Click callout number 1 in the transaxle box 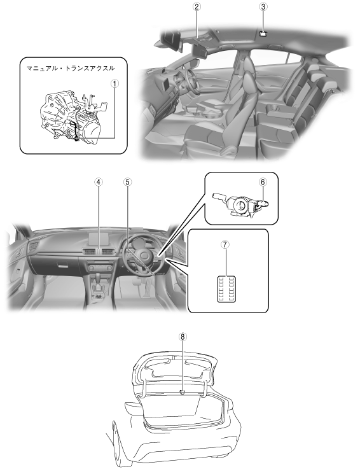pyautogui.click(x=114, y=83)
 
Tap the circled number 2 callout pyautogui.click(x=197, y=6)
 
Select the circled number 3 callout pyautogui.click(x=263, y=6)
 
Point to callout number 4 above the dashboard pyautogui.click(x=99, y=182)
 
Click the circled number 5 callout pyautogui.click(x=128, y=182)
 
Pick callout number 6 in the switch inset pyautogui.click(x=263, y=182)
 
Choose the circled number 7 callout pyautogui.click(x=225, y=244)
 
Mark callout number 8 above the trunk pyautogui.click(x=183, y=337)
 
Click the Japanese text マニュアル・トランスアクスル pyautogui.click(x=71, y=68)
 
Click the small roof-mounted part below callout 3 pyautogui.click(x=263, y=34)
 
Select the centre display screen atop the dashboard pyautogui.click(x=99, y=239)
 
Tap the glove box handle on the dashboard pyautogui.click(x=62, y=265)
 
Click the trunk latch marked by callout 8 pyautogui.click(x=183, y=392)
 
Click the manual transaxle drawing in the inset pyautogui.click(x=72, y=116)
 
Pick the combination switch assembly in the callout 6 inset pyautogui.click(x=240, y=205)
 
